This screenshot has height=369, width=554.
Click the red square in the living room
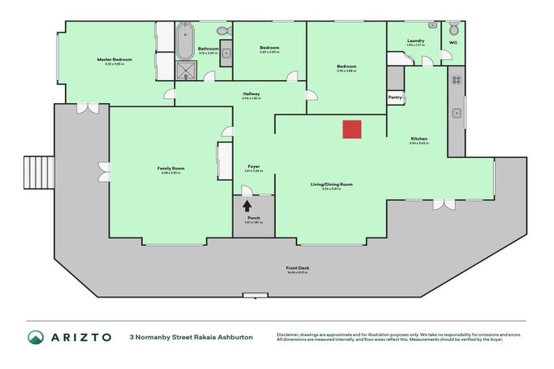pos(351,129)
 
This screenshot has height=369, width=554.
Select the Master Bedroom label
pos(114,59)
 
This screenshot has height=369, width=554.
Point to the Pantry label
pos(395,97)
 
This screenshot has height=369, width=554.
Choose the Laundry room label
pos(415,40)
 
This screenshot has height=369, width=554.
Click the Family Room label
pos(171,168)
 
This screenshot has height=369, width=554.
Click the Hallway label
pos(251,94)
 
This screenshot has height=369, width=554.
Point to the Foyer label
pos(252,166)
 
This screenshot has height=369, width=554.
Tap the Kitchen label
pos(419,138)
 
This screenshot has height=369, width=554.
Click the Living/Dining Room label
pos(331,184)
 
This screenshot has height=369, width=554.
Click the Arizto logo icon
pos(35,337)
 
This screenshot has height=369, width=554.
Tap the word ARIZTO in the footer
pos(80,337)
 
